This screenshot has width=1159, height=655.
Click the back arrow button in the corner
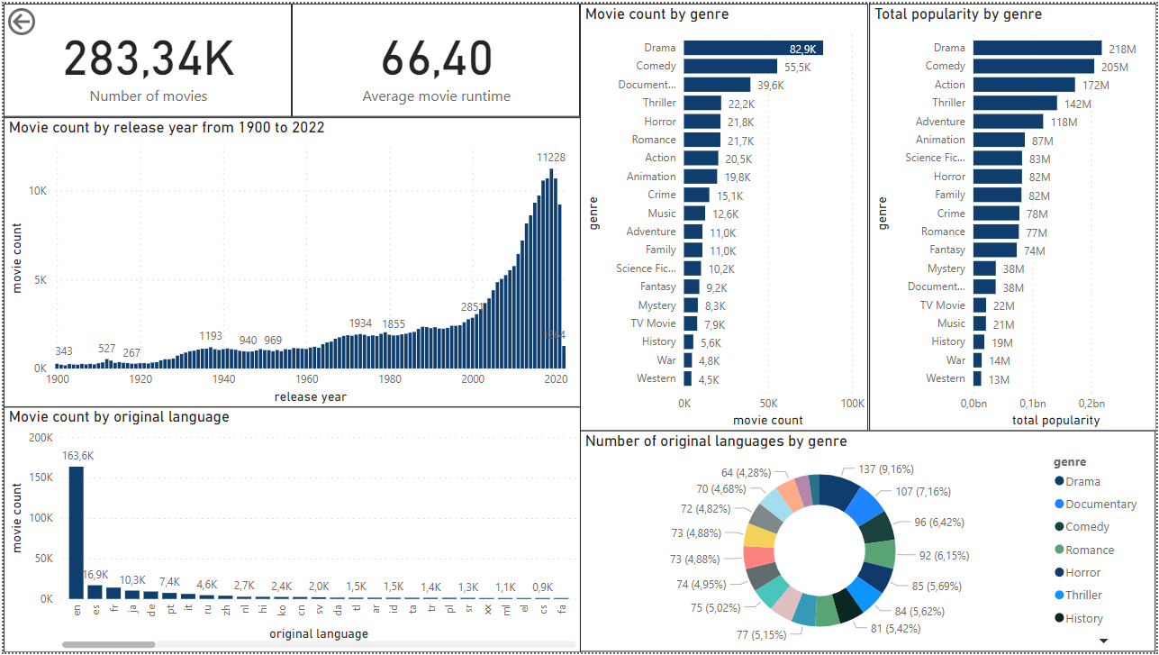(x=22, y=23)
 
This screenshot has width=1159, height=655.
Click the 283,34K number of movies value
(x=149, y=59)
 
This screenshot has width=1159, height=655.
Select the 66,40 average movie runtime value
(x=436, y=59)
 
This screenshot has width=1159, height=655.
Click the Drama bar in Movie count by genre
(x=752, y=48)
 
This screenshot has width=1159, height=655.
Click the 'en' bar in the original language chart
(x=76, y=532)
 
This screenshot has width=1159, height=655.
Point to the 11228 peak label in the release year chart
(x=551, y=158)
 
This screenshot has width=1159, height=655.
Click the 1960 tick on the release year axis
(x=307, y=380)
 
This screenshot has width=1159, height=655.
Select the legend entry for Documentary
(x=1100, y=505)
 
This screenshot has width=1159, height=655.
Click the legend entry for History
(x=1083, y=619)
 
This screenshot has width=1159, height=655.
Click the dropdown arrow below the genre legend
(x=1103, y=641)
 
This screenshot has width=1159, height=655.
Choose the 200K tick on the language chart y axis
(x=41, y=438)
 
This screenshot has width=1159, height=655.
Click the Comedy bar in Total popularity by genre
(x=1033, y=67)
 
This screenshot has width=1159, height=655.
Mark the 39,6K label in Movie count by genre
(x=770, y=86)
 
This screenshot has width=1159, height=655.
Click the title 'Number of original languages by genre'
(x=716, y=441)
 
